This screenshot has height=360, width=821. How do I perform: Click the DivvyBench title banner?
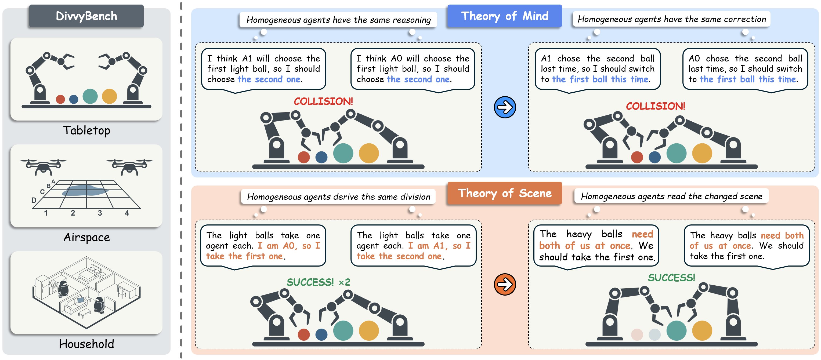(86, 16)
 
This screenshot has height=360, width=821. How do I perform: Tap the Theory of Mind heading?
(505, 16)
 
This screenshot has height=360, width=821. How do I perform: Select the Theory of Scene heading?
(505, 193)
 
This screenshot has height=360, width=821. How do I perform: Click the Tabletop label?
(86, 130)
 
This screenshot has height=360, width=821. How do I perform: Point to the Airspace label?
(86, 237)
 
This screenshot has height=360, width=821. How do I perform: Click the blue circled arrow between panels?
(505, 107)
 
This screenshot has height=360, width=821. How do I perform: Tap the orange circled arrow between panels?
(505, 284)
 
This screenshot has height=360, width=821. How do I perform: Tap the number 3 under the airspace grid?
(100, 213)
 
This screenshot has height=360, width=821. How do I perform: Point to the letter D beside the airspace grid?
(34, 200)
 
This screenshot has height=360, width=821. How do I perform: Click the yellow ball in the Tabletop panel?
(109, 96)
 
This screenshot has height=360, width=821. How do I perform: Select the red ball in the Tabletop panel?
(60, 99)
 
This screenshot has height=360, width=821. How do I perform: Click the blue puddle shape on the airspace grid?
(85, 190)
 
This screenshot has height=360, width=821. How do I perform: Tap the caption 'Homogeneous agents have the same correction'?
(671, 19)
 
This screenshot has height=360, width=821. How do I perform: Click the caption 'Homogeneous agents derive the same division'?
(338, 197)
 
